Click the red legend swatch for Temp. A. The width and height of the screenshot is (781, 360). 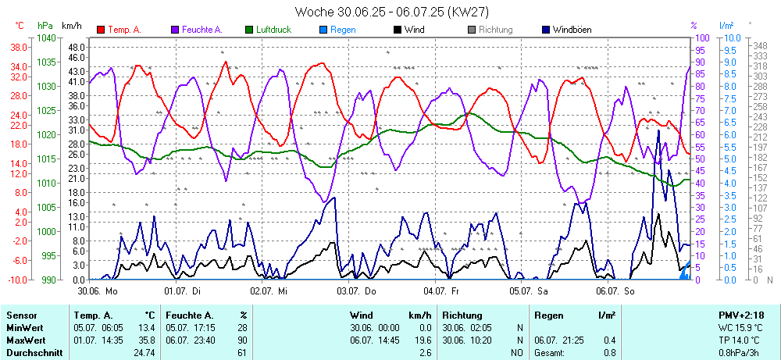point(102,30)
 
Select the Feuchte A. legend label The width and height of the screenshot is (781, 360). point(202,30)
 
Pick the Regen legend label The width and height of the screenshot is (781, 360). point(343,30)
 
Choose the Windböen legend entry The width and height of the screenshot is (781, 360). point(572,30)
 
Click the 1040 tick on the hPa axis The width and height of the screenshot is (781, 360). point(46,37)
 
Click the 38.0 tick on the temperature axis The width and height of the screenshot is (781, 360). point(20,47)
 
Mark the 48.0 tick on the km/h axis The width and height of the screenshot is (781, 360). point(76,47)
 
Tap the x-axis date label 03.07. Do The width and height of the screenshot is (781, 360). point(356,290)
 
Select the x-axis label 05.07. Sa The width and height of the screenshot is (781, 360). point(530,290)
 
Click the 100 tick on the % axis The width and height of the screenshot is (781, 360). point(701,37)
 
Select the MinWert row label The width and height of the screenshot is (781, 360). point(25,329)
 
